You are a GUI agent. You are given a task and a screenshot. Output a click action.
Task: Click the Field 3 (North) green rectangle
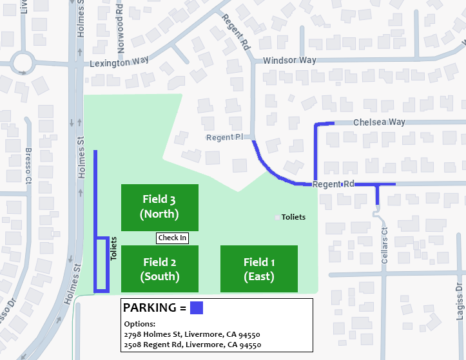159,207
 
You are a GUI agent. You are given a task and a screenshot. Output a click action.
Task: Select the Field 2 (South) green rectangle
159,269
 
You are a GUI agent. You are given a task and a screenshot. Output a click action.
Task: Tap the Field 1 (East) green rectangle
259,269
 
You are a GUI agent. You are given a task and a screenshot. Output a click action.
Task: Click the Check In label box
172,238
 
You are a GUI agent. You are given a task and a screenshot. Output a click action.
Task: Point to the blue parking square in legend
197,308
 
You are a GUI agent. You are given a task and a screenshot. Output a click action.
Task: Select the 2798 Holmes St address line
192,335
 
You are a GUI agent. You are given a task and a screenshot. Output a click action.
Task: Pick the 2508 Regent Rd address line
192,345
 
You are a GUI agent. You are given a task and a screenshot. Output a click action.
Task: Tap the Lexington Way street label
119,62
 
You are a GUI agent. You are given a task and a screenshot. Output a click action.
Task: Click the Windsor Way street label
289,61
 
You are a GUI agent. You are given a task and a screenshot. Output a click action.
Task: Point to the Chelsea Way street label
378,122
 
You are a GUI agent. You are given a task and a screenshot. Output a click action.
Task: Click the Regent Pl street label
224,138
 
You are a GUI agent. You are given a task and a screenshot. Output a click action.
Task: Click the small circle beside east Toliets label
277,218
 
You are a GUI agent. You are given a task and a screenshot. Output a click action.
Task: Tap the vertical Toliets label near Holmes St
113,249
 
